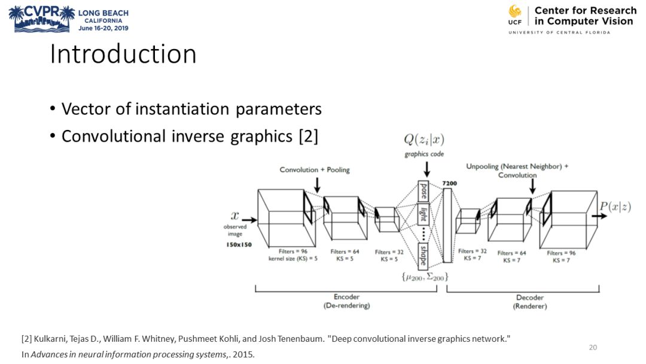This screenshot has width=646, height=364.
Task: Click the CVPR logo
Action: pyautogui.click(x=42, y=18)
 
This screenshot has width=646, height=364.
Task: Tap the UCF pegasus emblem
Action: pyautogui.click(x=514, y=12)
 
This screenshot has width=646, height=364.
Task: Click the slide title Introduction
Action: pyautogui.click(x=123, y=54)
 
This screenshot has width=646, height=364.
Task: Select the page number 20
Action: pyautogui.click(x=593, y=347)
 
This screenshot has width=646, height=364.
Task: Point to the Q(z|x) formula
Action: pyautogui.click(x=424, y=140)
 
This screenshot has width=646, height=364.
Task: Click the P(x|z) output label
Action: pyautogui.click(x=615, y=207)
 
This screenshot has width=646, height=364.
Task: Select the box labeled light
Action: pyautogui.click(x=423, y=214)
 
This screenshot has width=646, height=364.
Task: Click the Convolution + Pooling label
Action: pyautogui.click(x=315, y=170)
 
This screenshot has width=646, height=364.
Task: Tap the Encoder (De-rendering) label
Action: pyautogui.click(x=346, y=301)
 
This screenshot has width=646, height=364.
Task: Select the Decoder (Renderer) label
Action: pyautogui.click(x=530, y=301)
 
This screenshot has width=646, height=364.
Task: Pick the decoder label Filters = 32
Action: pyautogui.click(x=473, y=251)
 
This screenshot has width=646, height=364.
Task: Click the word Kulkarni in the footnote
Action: pyautogui.click(x=50, y=339)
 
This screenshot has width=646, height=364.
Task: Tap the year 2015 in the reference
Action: pyautogui.click(x=243, y=354)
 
